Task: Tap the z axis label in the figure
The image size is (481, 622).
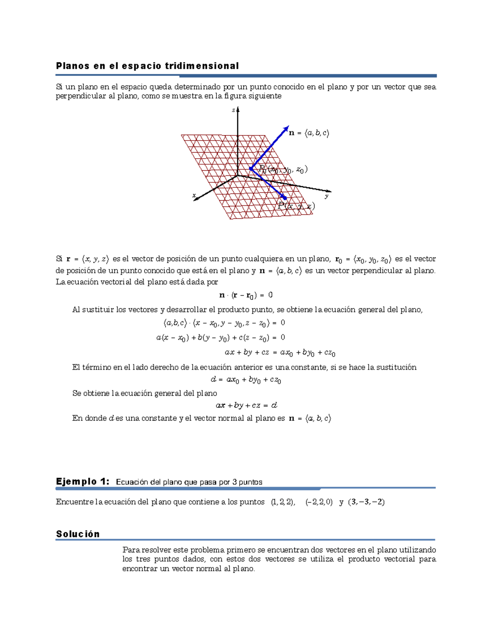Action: click(x=233, y=110)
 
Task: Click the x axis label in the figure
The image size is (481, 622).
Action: click(x=194, y=195)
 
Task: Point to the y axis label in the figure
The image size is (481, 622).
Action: click(x=327, y=196)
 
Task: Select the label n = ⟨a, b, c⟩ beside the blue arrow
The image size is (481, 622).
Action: click(x=309, y=133)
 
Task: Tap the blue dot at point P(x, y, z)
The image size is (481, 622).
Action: click(x=285, y=198)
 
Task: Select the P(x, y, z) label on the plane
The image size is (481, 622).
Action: click(x=296, y=206)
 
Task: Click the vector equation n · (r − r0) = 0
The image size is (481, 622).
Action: click(x=246, y=295)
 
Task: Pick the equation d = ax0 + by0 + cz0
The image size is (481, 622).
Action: click(x=246, y=380)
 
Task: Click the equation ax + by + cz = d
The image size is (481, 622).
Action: click(x=246, y=405)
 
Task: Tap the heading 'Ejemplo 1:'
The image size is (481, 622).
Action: click(x=82, y=481)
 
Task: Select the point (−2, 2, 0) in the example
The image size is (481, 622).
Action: click(x=319, y=502)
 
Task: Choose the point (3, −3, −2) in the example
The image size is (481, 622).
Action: click(x=366, y=502)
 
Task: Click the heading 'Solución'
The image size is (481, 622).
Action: click(x=78, y=534)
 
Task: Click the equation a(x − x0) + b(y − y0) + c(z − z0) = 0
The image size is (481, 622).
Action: click(x=220, y=338)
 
